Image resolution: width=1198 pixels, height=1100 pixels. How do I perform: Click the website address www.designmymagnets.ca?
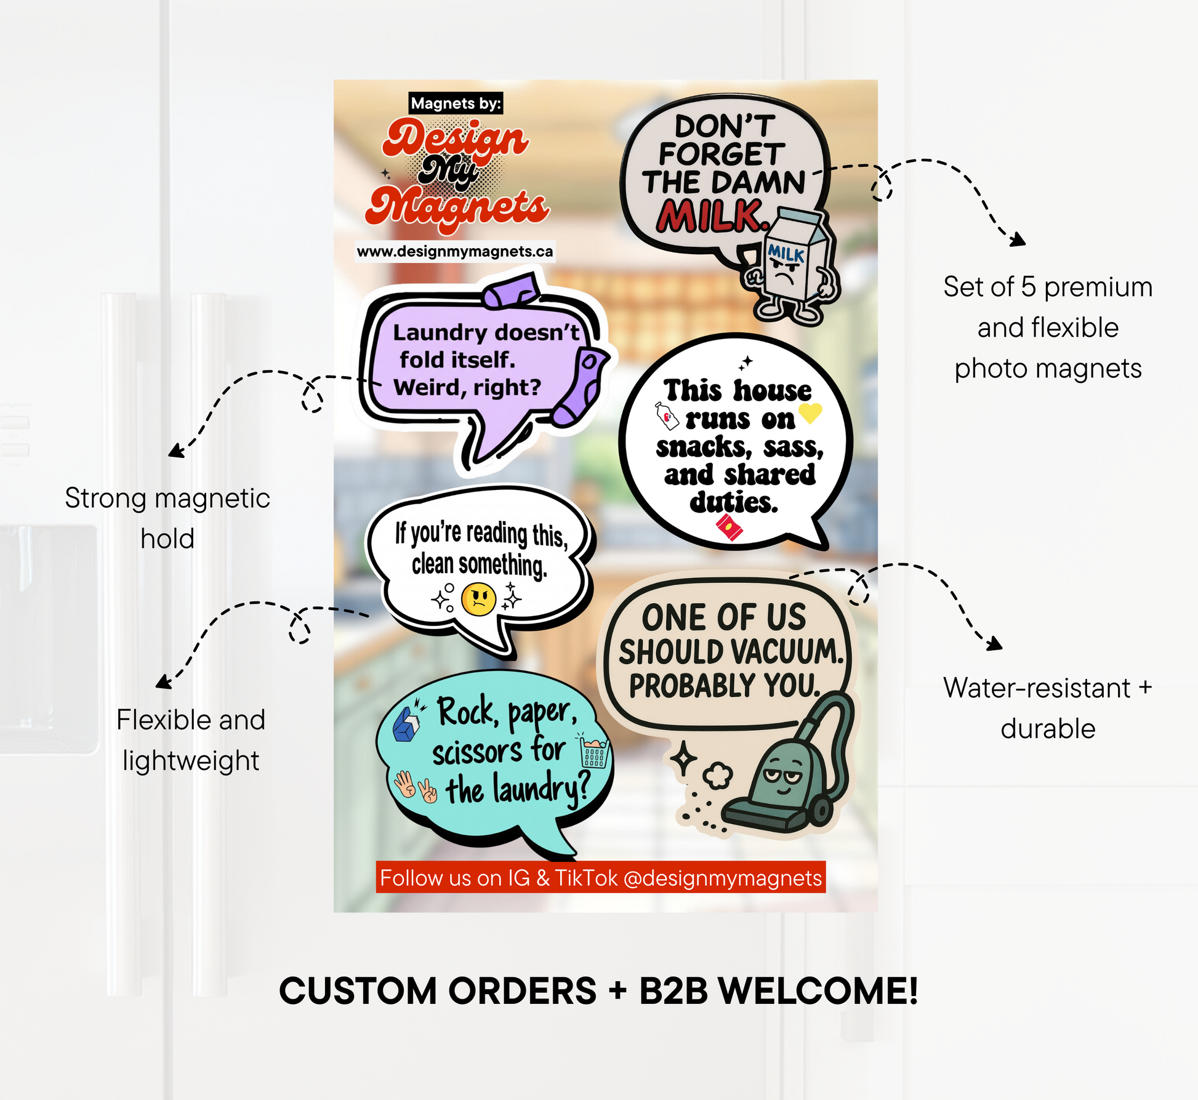tap(455, 251)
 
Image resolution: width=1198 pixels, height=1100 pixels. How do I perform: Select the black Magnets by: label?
tap(456, 103)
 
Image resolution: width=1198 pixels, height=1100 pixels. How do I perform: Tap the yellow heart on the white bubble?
tap(810, 412)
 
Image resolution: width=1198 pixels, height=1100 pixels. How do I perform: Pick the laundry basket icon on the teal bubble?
tap(593, 751)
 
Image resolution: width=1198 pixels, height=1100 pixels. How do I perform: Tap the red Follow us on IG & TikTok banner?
tap(601, 877)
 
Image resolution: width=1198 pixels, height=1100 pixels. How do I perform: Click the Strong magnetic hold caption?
tap(167, 518)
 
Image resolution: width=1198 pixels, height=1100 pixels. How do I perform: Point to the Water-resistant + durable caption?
tap(1048, 708)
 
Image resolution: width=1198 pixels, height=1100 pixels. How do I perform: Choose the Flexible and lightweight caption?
tap(191, 740)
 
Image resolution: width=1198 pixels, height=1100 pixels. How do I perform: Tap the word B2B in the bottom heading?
tap(674, 991)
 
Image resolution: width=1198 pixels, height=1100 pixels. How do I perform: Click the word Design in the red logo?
tap(456, 140)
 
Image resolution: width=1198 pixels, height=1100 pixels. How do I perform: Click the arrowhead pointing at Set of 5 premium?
tap(1019, 240)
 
